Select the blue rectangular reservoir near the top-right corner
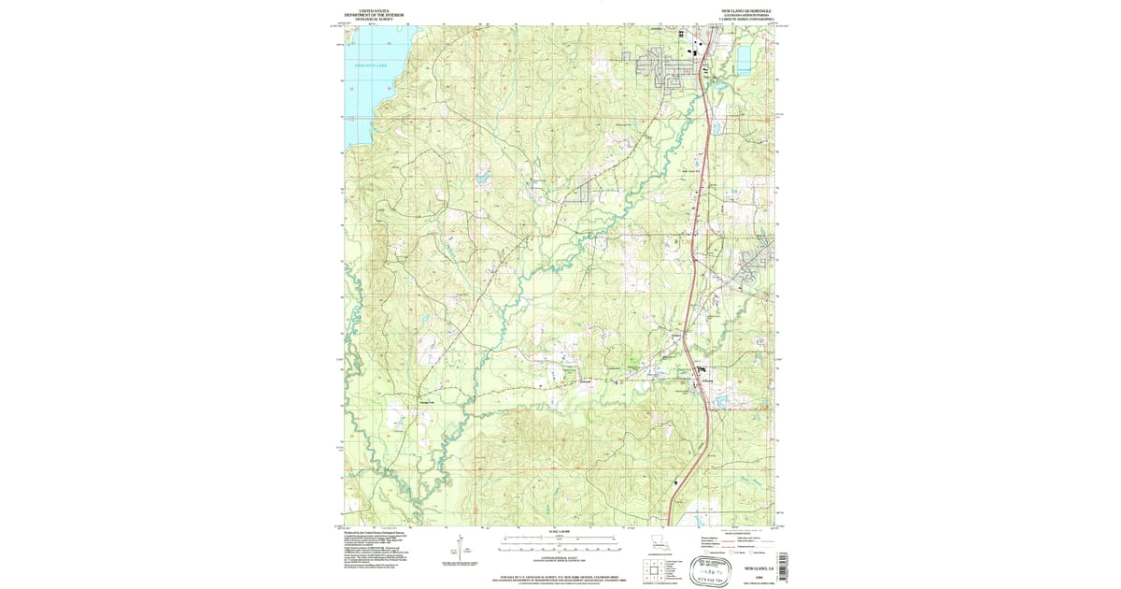coord(744,62)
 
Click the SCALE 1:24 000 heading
coord(560,531)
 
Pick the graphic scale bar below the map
coord(560,539)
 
